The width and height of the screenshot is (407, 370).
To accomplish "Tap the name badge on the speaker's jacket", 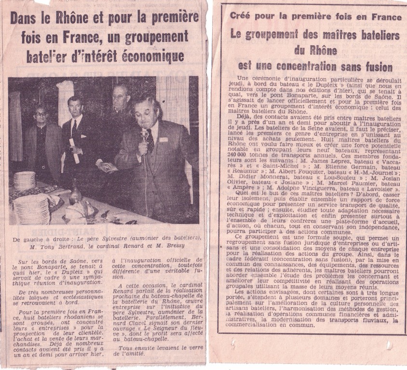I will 163,140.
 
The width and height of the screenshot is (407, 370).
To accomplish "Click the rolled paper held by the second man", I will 75,152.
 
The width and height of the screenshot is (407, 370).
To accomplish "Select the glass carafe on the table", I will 74,193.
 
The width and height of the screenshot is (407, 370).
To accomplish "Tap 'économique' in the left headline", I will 155,56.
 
